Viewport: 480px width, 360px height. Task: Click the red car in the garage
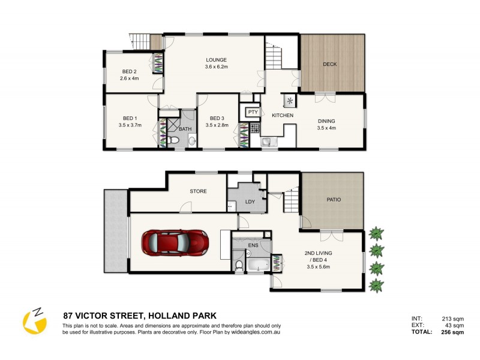tap(175, 243)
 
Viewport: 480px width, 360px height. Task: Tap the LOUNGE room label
tap(216, 60)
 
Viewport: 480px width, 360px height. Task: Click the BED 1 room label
tap(130, 118)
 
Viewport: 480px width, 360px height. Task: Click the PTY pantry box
tap(253, 112)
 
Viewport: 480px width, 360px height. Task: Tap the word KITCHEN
tap(283, 115)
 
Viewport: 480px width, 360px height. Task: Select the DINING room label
tap(327, 121)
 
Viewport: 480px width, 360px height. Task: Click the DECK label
tap(329, 64)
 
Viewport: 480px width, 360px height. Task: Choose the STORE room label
tap(198, 191)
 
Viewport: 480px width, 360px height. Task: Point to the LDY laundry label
tap(250, 202)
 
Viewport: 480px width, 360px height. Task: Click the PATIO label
tap(334, 200)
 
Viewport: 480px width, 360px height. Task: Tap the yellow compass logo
tap(34, 321)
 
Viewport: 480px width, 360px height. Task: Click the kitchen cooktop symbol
tap(254, 127)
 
